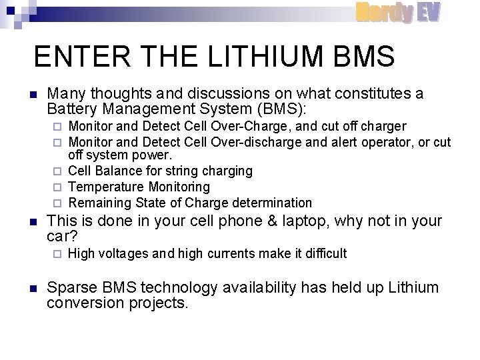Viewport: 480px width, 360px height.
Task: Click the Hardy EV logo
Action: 397,12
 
